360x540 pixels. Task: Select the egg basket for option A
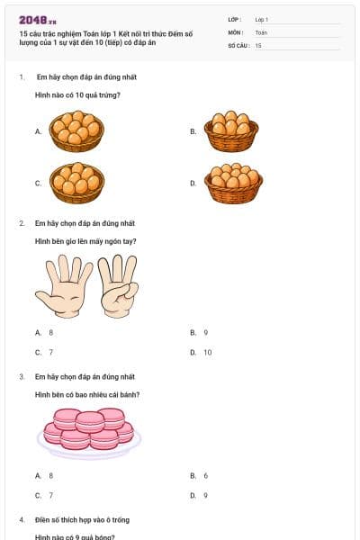click(x=76, y=130)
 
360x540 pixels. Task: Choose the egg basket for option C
click(x=76, y=183)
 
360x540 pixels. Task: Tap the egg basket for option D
click(x=232, y=183)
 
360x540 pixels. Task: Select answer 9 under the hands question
click(x=205, y=333)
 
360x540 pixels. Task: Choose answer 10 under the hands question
click(x=207, y=353)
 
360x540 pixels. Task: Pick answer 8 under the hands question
click(x=50, y=333)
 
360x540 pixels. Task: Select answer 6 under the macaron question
click(x=205, y=475)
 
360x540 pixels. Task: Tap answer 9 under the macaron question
click(x=205, y=495)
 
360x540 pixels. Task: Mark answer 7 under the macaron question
click(x=50, y=495)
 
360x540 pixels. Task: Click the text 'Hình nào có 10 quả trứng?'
click(x=77, y=94)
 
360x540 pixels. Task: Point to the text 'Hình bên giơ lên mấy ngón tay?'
click(x=85, y=241)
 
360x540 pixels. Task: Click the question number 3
click(x=22, y=376)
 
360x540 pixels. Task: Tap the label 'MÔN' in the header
click(x=235, y=31)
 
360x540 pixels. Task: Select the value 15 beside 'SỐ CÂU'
click(x=259, y=45)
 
